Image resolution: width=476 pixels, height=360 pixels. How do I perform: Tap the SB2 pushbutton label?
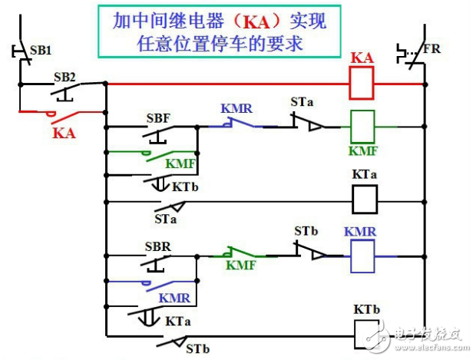[x=64, y=78]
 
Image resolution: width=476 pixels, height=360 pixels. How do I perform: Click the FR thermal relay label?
[x=434, y=51]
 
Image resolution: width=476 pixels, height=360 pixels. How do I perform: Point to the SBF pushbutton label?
[x=157, y=119]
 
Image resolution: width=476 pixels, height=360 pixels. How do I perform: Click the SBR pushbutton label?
[x=157, y=248]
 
